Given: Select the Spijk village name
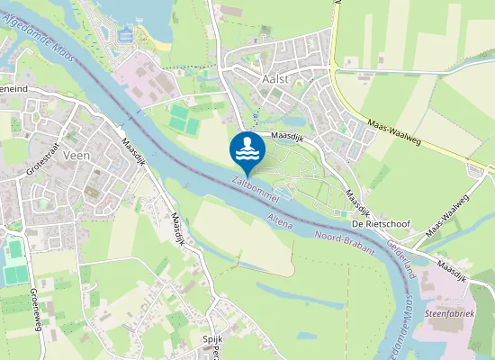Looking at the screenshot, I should click(x=212, y=339).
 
